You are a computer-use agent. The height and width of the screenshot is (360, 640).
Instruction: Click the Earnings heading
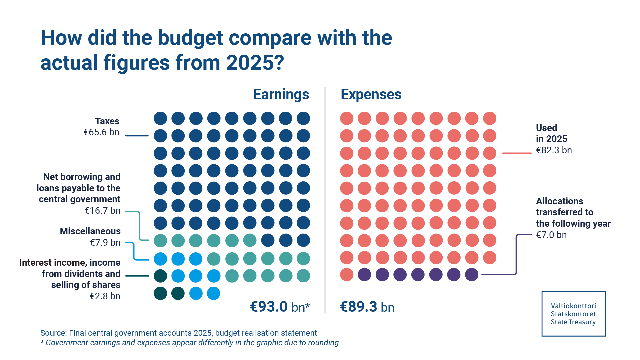coord(281,94)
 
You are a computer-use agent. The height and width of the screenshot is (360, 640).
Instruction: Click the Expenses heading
coord(371,94)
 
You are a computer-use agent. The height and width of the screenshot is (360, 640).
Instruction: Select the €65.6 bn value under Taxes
coord(101,132)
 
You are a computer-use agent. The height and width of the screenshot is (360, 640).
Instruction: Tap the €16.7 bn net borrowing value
coord(102,211)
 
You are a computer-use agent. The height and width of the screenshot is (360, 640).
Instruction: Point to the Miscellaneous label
coord(90,231)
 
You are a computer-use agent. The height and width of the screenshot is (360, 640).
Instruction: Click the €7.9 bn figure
coord(105,242)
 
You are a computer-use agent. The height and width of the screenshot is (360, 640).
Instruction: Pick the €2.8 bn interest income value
coord(105,296)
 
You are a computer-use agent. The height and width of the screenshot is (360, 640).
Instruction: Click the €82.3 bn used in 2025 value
coord(554,150)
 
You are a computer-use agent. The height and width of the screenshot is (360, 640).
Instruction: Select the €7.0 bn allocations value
coord(551,235)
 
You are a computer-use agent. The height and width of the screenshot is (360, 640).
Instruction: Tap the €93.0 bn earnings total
coord(269,307)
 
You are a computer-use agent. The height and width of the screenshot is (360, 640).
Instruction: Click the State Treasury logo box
coord(573,314)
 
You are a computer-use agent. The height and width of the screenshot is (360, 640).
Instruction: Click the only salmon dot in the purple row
coord(347,275)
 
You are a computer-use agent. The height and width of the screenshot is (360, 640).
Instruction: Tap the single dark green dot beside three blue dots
coord(160,276)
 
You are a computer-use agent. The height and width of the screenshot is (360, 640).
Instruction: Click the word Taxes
coord(107,121)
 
